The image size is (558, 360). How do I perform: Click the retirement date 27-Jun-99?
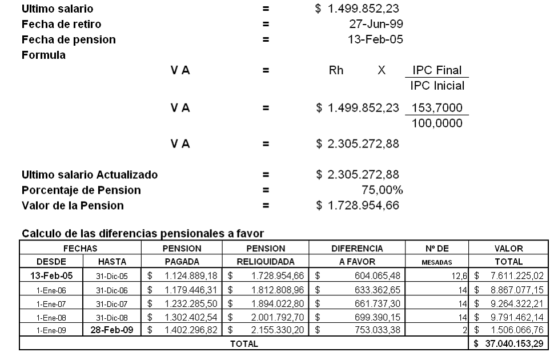tap(374, 25)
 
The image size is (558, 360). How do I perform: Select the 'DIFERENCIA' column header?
tap(357, 249)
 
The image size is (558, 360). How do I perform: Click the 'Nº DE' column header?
tap(436, 249)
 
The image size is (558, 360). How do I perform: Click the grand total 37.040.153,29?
tap(507, 343)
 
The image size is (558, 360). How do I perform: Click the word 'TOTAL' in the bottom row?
tap(244, 343)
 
